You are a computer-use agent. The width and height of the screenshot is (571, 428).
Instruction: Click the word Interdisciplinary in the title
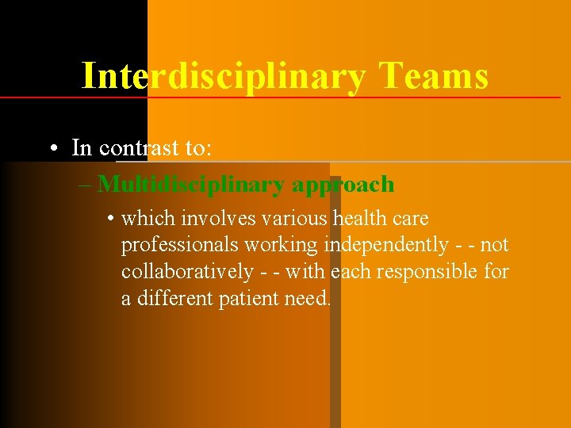pos(224,77)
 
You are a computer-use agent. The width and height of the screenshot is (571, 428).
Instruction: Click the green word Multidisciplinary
pos(192,185)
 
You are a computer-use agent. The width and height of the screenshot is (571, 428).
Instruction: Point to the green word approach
pos(343,185)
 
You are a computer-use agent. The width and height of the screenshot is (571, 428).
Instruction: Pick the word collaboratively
pos(187,272)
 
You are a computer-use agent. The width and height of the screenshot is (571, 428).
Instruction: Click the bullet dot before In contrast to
pos(52,148)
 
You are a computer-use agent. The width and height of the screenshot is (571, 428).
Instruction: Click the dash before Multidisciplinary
pos(85,185)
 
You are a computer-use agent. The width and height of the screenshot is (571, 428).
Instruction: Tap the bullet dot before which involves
pos(110,219)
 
